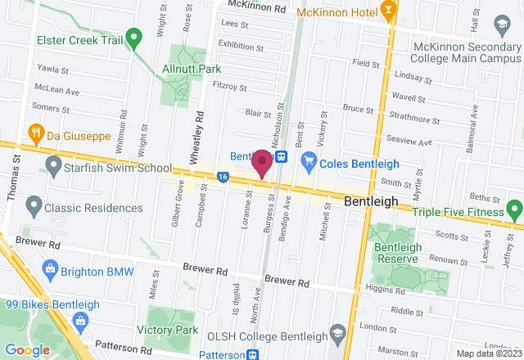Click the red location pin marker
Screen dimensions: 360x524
(262, 162)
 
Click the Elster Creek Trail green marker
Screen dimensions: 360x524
(138, 35)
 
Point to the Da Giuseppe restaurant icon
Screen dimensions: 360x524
(36, 132)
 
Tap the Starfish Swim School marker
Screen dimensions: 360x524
(54, 168)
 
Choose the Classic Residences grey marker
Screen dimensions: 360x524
(34, 203)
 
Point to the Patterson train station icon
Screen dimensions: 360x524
(253, 355)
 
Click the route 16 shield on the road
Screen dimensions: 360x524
(223, 175)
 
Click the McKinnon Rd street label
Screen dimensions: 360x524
(256, 7)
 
